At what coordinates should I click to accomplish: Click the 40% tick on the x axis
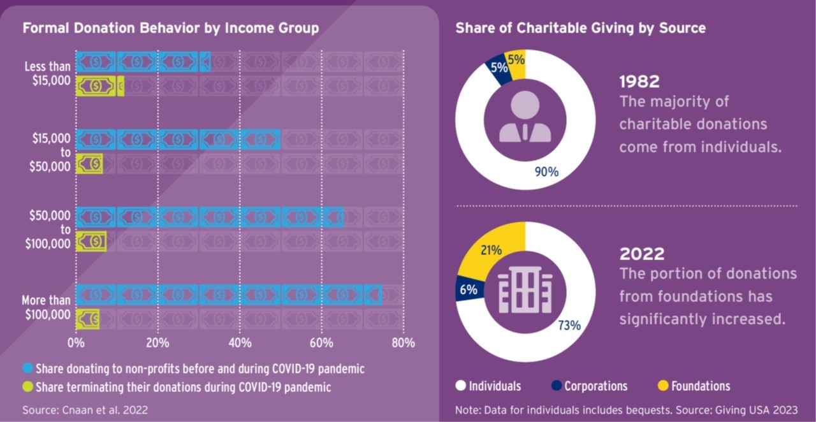(x=239, y=343)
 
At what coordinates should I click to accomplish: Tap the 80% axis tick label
(x=402, y=343)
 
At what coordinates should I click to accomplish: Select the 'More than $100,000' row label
(x=46, y=307)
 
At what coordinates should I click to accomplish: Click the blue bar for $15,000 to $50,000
(x=178, y=139)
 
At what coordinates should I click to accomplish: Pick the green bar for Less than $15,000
(x=99, y=85)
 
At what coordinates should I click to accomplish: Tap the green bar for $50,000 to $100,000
(x=91, y=241)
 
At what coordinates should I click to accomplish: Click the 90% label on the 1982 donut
(x=546, y=171)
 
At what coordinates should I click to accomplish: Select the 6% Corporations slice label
(x=468, y=289)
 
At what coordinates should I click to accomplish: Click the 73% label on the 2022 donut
(x=569, y=325)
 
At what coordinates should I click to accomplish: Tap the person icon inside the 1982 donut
(x=525, y=116)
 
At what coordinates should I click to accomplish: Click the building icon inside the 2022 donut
(x=525, y=290)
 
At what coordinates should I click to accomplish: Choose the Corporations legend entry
(x=588, y=386)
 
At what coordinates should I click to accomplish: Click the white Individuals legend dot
(x=461, y=386)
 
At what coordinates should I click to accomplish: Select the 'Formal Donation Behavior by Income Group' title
(x=170, y=28)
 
